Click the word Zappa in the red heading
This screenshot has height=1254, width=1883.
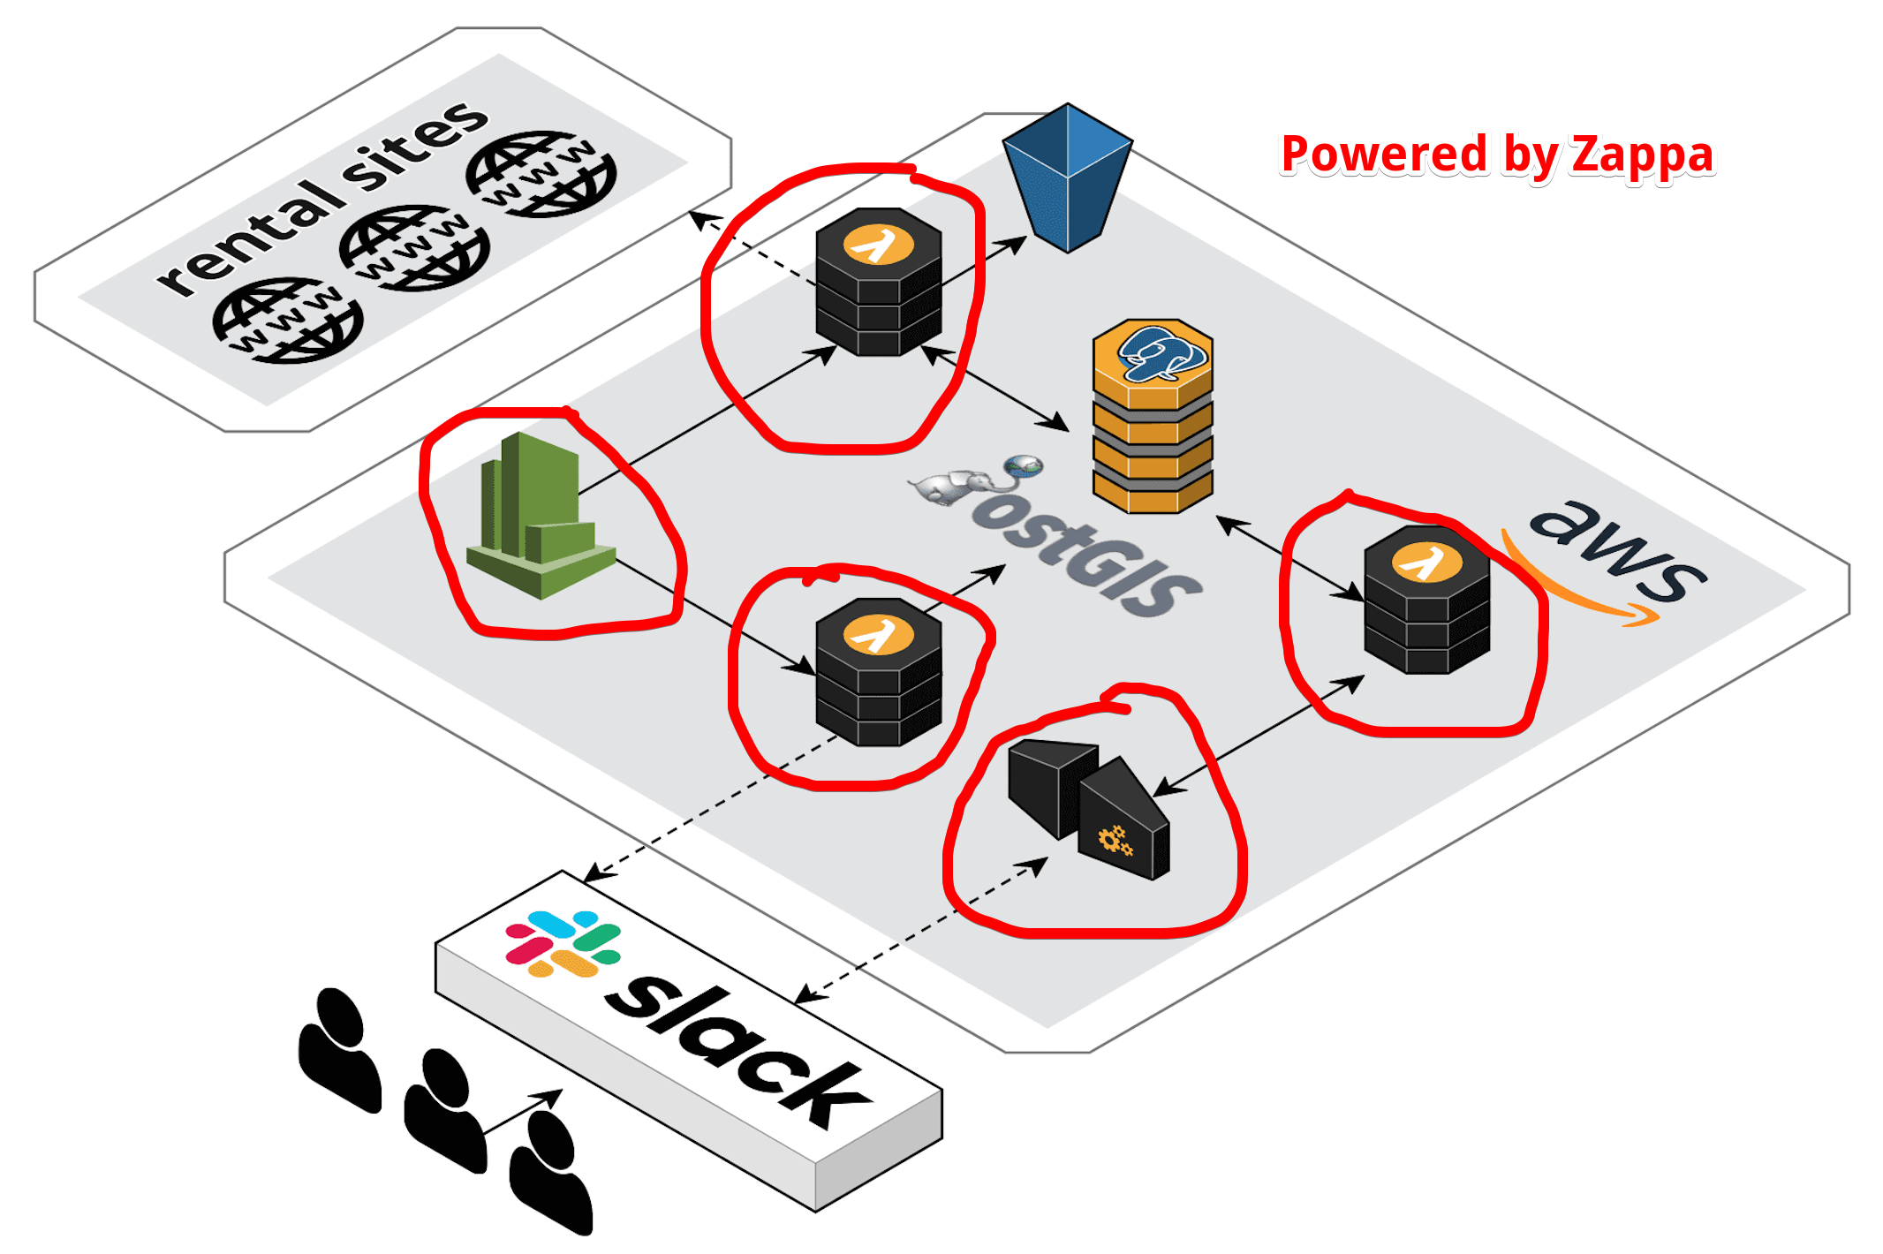[x=1643, y=156]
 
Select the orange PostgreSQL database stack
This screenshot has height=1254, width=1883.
[x=1153, y=416]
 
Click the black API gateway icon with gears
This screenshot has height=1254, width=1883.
[x=1089, y=809]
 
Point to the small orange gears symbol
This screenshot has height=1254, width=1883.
[x=1115, y=840]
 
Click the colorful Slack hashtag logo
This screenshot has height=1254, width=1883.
[x=563, y=943]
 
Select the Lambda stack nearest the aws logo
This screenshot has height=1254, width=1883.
[x=1427, y=600]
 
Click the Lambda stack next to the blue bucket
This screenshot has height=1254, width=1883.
[x=879, y=282]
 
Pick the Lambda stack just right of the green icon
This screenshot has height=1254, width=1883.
[x=879, y=672]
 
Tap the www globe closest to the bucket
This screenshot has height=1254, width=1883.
[x=541, y=174]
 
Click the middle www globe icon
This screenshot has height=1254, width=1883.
[x=414, y=248]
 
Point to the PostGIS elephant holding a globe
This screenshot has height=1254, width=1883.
[x=976, y=481]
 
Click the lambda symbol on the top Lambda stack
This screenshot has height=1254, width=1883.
[x=878, y=245]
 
